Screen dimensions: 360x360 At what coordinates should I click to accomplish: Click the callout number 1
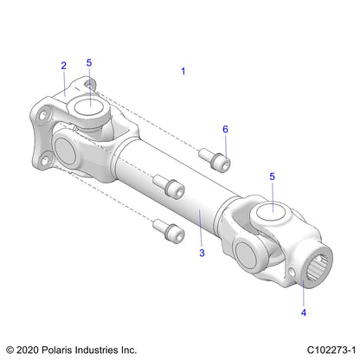pos(183,72)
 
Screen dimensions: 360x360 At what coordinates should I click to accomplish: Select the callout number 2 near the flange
pos(63,65)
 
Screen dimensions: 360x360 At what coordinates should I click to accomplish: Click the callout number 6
pos(226,129)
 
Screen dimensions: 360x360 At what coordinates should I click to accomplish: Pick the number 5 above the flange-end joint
pos(89,63)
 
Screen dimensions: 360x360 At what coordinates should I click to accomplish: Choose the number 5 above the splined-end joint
pos(273,177)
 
